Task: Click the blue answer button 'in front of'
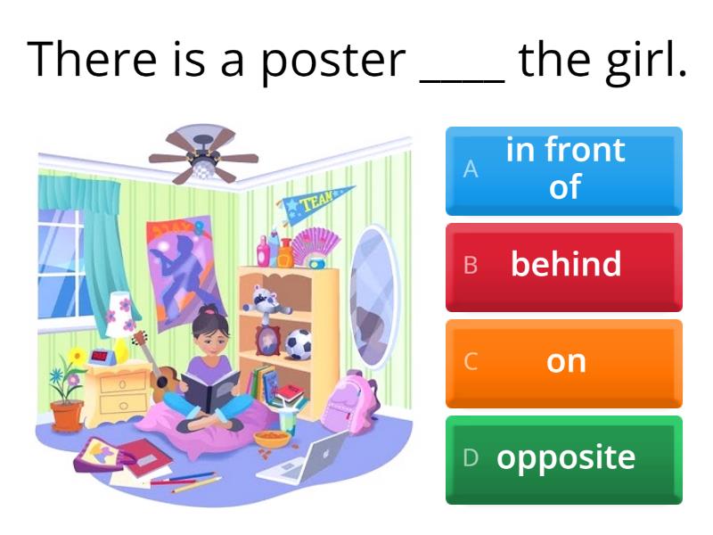tap(563, 169)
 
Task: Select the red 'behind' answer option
tap(563, 266)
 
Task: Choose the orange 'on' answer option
tap(563, 362)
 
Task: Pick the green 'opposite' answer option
tap(563, 458)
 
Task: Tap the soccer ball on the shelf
tap(298, 344)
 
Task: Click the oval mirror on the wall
tap(373, 294)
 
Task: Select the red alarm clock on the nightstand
tap(102, 357)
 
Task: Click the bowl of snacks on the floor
tap(271, 439)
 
